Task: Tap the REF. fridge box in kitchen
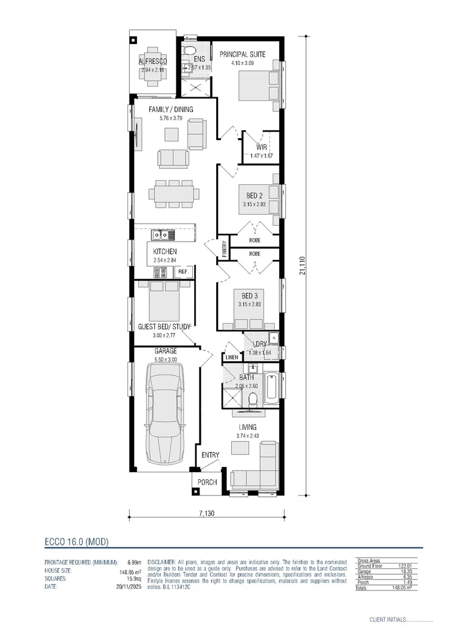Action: (183, 272)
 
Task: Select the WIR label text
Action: (261, 147)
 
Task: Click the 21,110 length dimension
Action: (302, 265)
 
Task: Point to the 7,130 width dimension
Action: (207, 513)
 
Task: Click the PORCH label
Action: (207, 482)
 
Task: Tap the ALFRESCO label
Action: (152, 61)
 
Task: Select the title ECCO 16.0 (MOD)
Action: (77, 541)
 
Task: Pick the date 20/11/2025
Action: (128, 587)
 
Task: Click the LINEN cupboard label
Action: (232, 357)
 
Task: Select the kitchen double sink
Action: (160, 234)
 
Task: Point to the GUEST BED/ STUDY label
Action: (164, 327)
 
